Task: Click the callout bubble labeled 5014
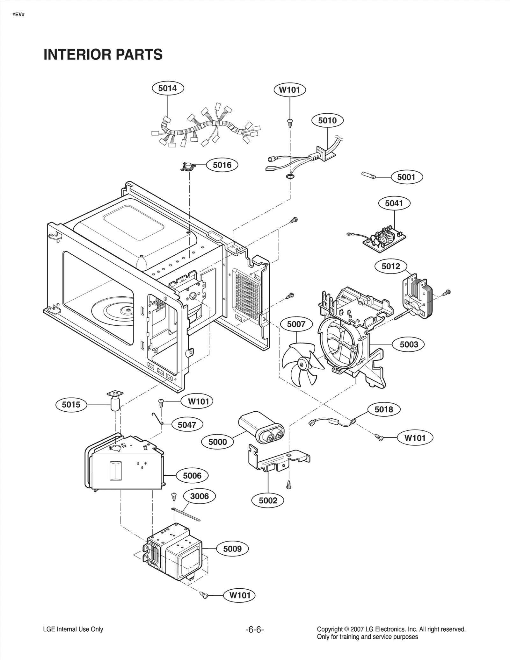tap(168, 88)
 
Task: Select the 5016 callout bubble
tap(222, 165)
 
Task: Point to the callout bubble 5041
tap(394, 203)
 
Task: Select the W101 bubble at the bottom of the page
tap(240, 595)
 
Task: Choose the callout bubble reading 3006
tap(200, 496)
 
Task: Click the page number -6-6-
tap(255, 629)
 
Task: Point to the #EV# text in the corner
tap(18, 15)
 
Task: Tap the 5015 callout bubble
tap(71, 405)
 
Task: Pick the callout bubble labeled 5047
tap(187, 425)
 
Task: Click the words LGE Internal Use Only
tap(73, 629)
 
